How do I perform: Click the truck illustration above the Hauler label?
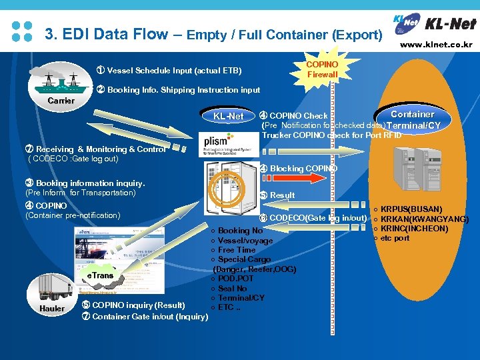[x=55, y=285]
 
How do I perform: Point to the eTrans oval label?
[x=99, y=275]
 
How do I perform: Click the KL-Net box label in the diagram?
[x=229, y=117]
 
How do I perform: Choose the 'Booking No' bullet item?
[x=237, y=231]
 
